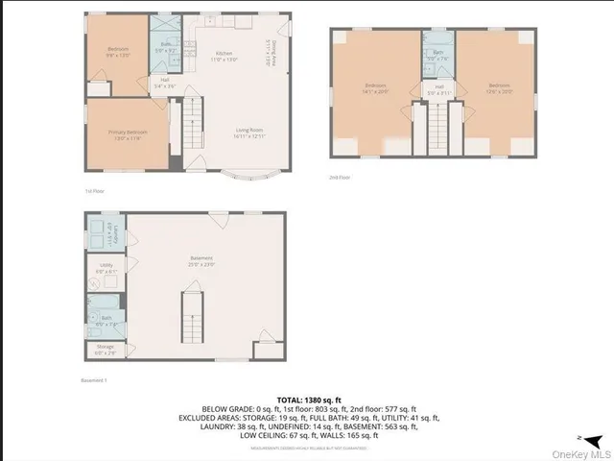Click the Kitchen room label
point(224,55)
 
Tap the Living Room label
point(250,133)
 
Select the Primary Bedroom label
point(126,133)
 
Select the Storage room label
point(104,349)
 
